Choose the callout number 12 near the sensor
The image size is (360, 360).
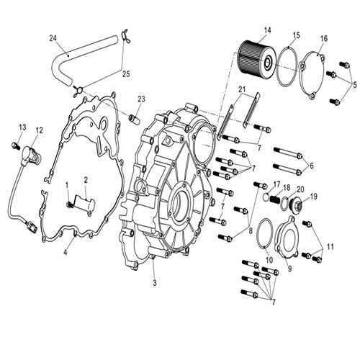[x=39, y=130]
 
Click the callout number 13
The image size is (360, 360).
[x=21, y=128]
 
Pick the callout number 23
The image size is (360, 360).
[x=142, y=99]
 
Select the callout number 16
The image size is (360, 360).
[x=323, y=38]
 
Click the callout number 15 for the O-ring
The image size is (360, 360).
[x=297, y=35]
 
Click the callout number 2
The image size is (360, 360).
[x=85, y=179]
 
